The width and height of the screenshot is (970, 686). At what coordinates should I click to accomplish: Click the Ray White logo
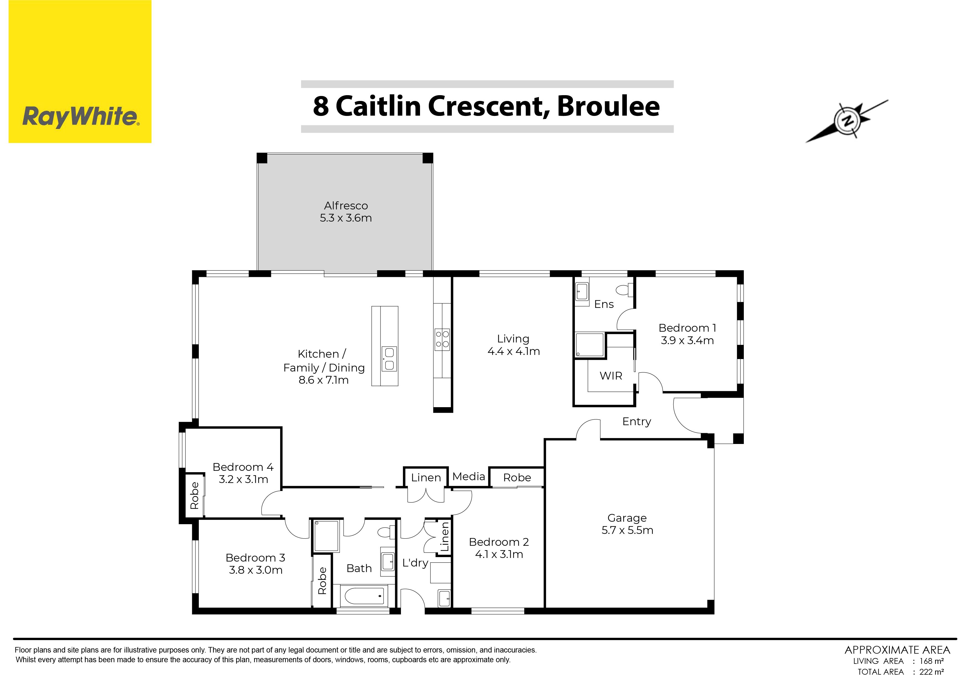click(80, 71)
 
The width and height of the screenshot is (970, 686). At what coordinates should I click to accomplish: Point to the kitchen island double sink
click(389, 358)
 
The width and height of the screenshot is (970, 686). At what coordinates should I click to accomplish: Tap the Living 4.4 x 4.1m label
click(513, 345)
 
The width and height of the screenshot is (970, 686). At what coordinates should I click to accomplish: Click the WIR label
click(611, 376)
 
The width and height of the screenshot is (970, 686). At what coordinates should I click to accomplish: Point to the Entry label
click(637, 421)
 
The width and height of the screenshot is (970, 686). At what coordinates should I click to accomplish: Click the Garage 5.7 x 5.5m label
click(627, 524)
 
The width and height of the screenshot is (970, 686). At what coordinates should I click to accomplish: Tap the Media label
click(468, 477)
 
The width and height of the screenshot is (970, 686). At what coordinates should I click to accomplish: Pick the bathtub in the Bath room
click(365, 596)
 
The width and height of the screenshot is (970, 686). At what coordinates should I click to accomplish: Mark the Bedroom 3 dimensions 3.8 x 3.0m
click(255, 570)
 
